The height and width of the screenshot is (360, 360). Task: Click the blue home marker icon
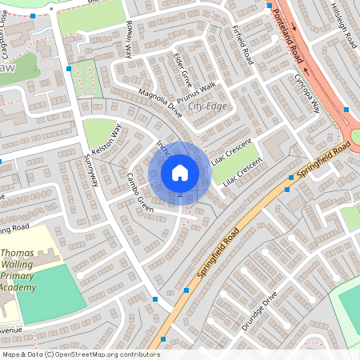[x=179, y=172]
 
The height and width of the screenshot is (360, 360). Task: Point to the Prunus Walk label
[x=197, y=90]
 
